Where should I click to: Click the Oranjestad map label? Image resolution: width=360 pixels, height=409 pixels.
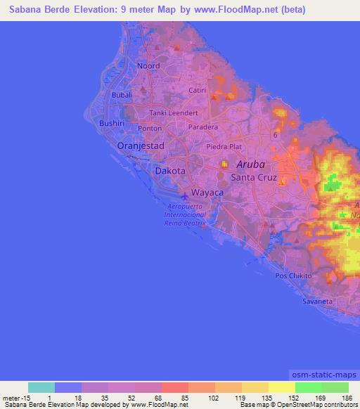[141, 145]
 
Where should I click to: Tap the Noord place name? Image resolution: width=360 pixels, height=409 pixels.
[148, 65]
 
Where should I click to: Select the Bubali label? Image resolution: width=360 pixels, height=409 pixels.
[123, 95]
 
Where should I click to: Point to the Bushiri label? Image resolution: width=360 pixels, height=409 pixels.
[112, 122]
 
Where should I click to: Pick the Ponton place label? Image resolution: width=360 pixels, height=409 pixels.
[150, 129]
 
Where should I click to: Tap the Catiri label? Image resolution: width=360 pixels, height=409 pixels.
[198, 91]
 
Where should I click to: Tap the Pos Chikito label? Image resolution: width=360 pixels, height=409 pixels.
[294, 276]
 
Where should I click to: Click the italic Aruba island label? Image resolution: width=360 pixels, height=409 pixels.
[251, 164]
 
